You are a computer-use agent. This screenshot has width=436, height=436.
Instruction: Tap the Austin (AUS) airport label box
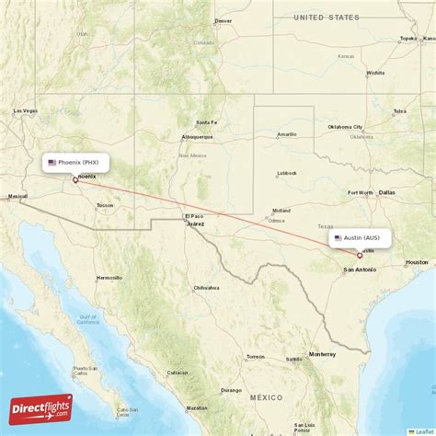pos(361,237)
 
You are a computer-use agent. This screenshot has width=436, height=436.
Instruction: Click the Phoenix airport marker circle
pos(75,180)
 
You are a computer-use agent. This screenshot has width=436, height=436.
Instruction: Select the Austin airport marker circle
pos(359,255)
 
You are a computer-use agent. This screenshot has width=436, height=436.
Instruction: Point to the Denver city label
pos(223,20)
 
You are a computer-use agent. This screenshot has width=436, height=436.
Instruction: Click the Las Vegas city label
pos(26,110)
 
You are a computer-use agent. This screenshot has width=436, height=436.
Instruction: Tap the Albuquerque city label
pos(197,136)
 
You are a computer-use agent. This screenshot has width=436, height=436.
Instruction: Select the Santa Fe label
pos(206,122)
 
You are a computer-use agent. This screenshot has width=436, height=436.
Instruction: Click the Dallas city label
pos(386,192)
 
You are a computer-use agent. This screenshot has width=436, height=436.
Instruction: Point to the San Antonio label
pos(359,270)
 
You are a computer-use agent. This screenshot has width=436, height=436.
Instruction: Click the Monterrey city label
pos(322,354)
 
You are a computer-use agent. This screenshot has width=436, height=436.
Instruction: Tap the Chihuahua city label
pos(206,288)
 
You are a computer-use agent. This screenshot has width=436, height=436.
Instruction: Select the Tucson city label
pos(105,205)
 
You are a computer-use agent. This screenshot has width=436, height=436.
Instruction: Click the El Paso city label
pos(191,216)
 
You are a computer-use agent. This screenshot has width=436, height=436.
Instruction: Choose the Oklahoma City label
pos(346,127)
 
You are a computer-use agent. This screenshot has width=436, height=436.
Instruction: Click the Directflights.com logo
pos(41,407)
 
